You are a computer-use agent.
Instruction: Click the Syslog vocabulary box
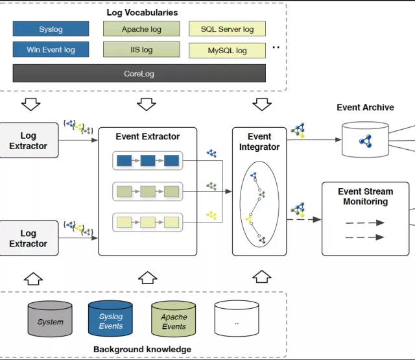[51, 29]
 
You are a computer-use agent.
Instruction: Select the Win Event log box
[51, 49]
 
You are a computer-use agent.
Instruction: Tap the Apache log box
[141, 29]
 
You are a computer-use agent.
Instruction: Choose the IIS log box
[141, 49]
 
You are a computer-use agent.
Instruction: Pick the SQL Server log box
[227, 29]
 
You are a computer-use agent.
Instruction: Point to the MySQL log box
[227, 50]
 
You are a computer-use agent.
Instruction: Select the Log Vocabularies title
[142, 12]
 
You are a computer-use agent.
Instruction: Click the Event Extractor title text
[148, 136]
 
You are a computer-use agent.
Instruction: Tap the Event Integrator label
[259, 141]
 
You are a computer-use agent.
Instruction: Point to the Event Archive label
[365, 107]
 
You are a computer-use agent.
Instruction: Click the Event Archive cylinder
[364, 140]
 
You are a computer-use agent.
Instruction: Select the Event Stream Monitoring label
[365, 197]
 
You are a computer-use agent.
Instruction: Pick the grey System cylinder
[50, 320]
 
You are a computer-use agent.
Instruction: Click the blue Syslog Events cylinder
[111, 320]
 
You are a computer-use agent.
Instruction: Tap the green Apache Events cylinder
[173, 320]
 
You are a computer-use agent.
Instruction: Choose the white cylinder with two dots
[237, 320]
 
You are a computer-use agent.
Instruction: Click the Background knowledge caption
[142, 350]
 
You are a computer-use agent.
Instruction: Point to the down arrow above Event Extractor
[147, 104]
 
